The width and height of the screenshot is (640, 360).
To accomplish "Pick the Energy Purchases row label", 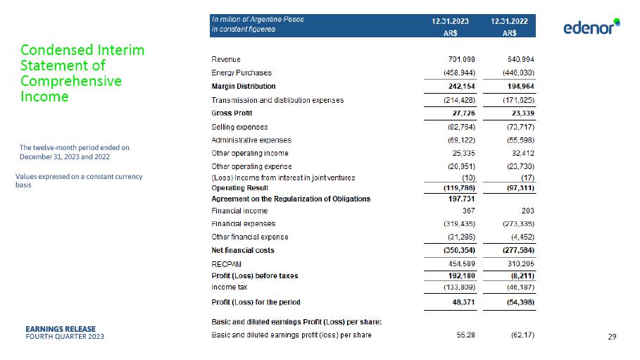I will pos(241,73).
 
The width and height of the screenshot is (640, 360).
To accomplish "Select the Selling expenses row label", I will pos(239,127).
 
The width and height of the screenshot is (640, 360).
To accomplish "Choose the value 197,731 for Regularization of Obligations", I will pos(460,199).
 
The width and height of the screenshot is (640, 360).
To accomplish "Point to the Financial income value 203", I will pos(527,211).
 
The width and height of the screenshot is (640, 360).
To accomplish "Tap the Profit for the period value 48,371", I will pos(463,302).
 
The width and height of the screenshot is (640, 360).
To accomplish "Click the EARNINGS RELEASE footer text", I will pos(61,328).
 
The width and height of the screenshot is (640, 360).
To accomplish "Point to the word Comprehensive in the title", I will pos(70,81).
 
